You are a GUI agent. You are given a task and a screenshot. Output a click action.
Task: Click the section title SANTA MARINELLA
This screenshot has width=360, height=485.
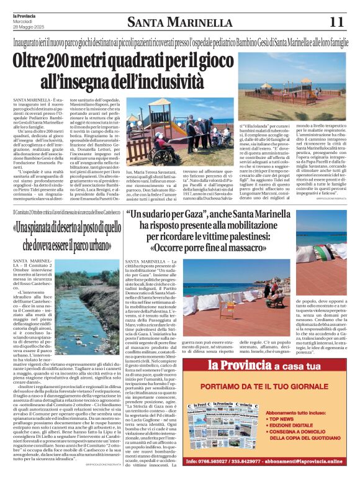click(179, 23)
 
